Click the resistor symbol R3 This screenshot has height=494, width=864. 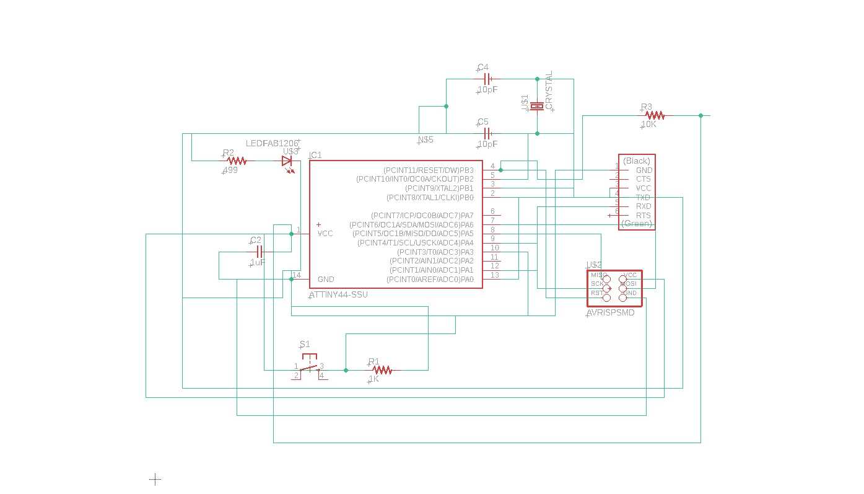pos(654,115)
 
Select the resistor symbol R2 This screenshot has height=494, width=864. pos(237,161)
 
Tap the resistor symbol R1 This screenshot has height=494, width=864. pos(382,370)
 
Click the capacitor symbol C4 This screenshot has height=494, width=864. pos(487,79)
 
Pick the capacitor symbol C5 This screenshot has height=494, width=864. pos(487,133)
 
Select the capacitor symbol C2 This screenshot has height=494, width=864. pos(260,252)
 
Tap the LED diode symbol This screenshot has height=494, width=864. pos(287,161)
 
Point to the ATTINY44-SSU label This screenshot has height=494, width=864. pos(338,294)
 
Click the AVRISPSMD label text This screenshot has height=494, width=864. pos(610,313)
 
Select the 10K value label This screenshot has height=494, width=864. pos(648,125)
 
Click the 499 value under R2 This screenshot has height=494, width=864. pos(230,170)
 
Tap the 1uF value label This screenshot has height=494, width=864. pos(258,262)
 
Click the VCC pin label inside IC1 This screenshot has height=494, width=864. pos(325,234)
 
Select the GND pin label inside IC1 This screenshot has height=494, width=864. pos(326,280)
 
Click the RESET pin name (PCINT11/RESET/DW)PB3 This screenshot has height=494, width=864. pos(428,170)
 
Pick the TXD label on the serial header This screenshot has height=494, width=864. pos(643,198)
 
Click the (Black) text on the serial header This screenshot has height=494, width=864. pos(637,161)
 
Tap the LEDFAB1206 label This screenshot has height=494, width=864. pos(272,143)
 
